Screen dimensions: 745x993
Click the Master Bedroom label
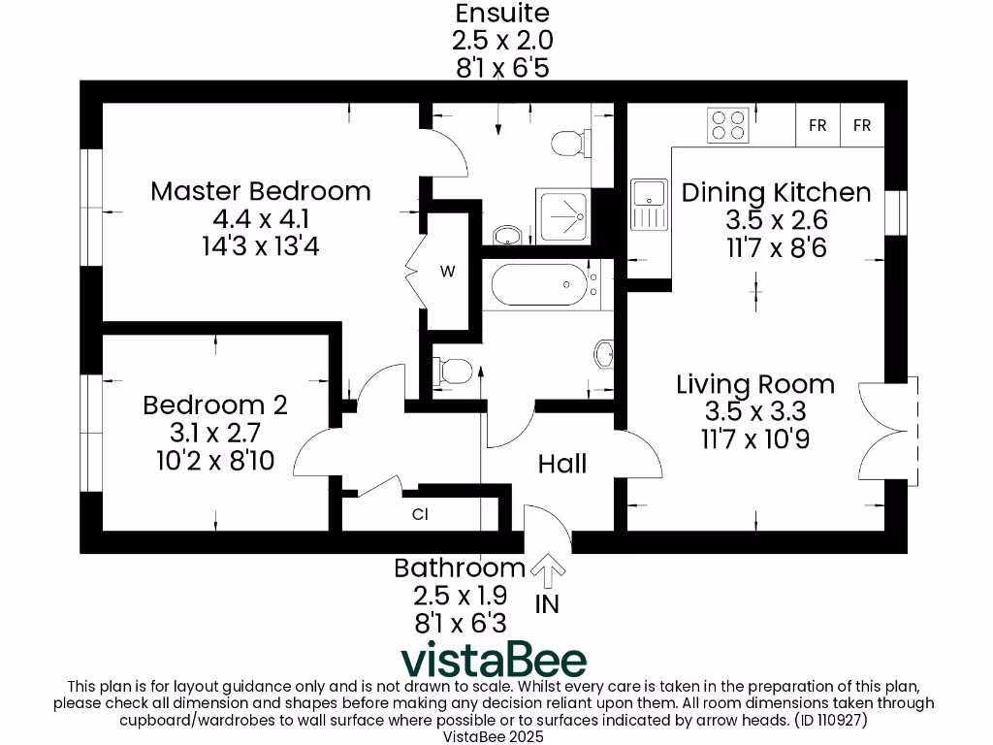point(260,191)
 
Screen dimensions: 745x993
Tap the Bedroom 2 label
point(214,405)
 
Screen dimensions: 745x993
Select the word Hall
point(562,465)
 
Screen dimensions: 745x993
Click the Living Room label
point(755,384)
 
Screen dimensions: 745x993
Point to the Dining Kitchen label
point(776,192)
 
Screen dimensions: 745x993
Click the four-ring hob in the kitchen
point(727,125)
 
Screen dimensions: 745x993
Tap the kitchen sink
point(645,205)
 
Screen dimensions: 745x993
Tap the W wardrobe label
point(447,272)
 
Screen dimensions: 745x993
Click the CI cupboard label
point(420,515)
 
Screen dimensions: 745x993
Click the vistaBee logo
point(495,660)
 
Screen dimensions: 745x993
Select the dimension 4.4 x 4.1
point(260,219)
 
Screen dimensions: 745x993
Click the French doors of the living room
point(887,427)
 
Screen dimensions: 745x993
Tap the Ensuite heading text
point(502,14)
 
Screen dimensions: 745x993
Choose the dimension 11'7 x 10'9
point(755,439)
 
